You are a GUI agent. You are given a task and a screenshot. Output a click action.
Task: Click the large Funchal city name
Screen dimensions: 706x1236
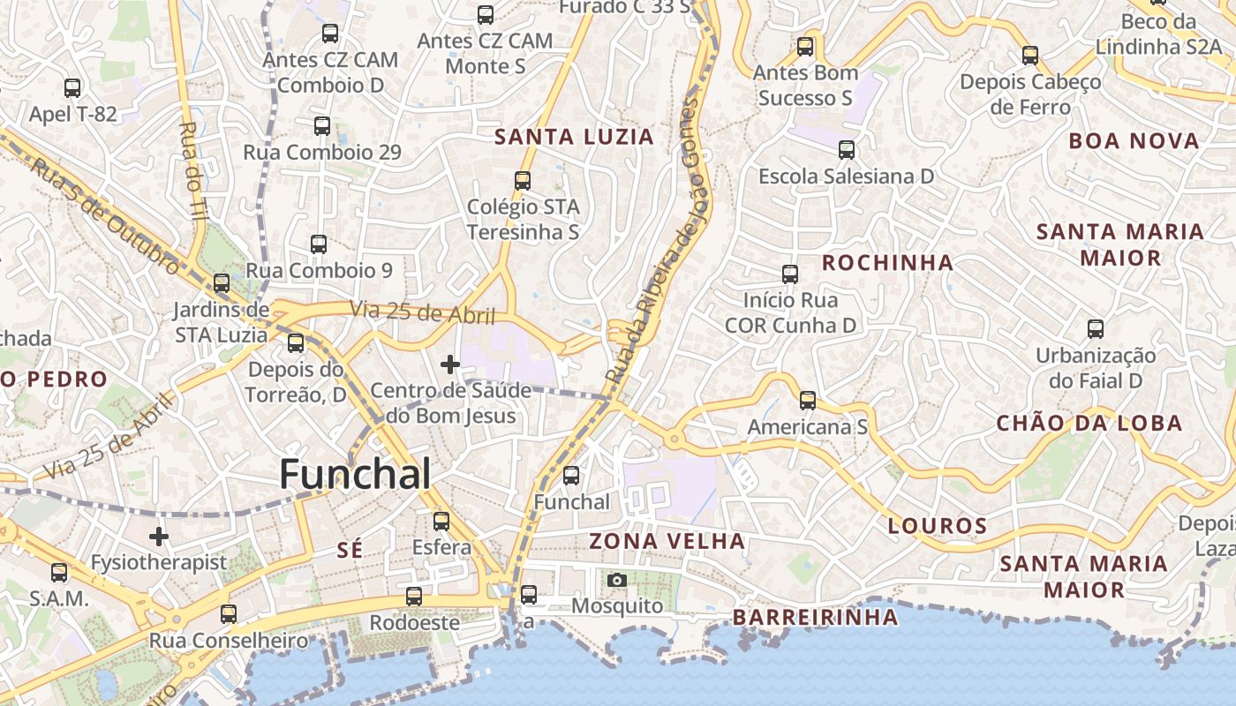355,475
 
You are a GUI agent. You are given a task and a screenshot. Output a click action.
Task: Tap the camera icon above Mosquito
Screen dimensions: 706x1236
617,580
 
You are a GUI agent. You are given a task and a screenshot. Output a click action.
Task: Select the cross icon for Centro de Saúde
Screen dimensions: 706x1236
450,364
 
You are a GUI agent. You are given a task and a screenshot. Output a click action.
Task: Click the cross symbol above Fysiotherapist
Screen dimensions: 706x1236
159,536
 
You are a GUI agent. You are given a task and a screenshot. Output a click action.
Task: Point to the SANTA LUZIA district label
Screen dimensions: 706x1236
574,137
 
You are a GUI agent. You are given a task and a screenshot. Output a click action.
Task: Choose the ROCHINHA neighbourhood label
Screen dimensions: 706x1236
887,262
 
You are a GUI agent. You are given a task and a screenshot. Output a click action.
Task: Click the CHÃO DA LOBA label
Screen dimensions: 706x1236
1089,424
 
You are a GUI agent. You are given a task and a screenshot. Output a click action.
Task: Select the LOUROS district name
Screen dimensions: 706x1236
937,527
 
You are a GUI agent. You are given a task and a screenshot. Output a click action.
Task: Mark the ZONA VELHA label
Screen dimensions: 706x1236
667,541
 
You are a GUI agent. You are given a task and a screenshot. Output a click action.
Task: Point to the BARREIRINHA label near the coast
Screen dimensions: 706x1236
815,617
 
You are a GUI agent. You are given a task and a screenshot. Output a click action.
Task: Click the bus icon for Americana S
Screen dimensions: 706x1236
807,401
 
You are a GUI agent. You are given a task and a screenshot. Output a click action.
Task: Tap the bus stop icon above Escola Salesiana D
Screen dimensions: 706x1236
847,150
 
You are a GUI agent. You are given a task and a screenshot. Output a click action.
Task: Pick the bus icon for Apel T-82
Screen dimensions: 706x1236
72,88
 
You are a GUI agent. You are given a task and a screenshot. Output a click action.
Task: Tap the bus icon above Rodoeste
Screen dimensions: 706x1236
413,597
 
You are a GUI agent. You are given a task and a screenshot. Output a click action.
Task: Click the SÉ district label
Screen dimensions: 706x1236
350,550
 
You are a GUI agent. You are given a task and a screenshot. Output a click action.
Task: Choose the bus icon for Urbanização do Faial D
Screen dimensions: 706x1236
1096,329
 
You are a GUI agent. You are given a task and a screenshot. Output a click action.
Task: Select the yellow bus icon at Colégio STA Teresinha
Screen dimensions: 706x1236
523,181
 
